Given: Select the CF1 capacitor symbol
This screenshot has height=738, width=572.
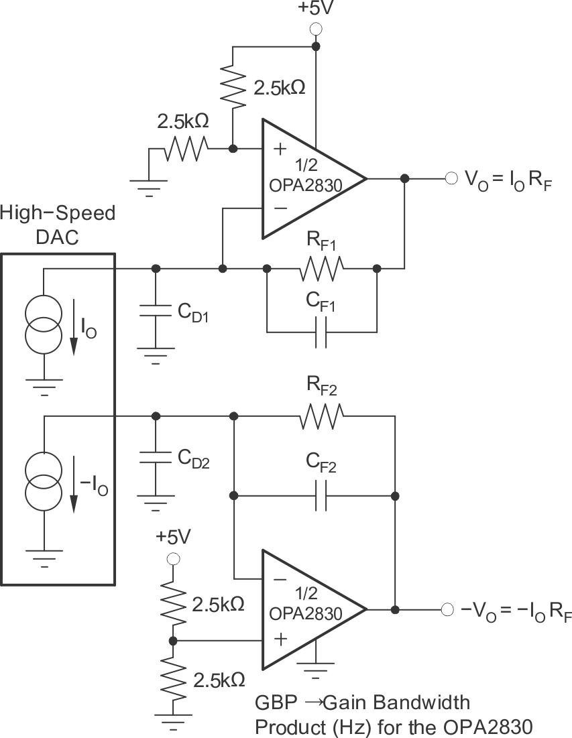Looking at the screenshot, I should (x=321, y=332).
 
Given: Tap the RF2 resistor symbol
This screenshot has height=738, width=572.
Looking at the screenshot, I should (x=323, y=416).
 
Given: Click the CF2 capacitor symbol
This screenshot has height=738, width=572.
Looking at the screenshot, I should (x=321, y=496).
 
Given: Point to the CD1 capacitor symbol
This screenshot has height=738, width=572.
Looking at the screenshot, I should (x=156, y=314).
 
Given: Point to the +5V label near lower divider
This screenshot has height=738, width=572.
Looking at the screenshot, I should (x=173, y=537).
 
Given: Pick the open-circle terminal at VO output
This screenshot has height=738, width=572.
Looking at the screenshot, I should (x=450, y=178).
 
